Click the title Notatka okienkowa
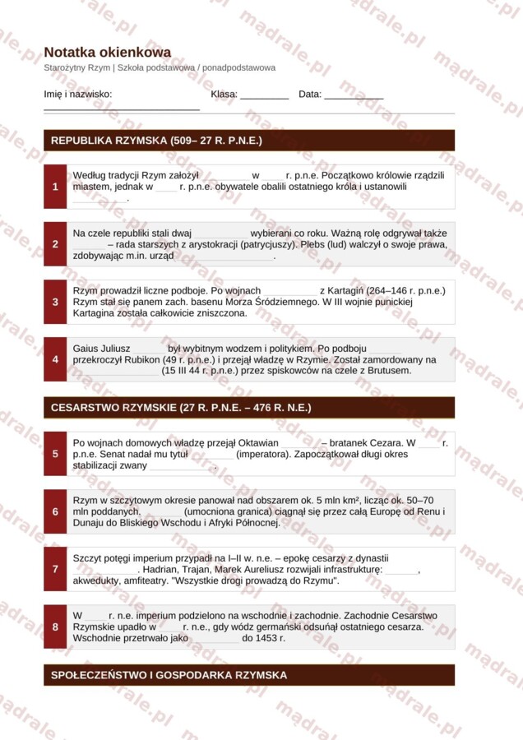[107, 52]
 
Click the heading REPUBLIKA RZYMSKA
[156, 141]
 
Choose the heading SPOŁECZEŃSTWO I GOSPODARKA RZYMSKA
[169, 675]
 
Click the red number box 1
[55, 187]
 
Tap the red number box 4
[55, 359]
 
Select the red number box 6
[55, 511]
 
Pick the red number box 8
[55, 627]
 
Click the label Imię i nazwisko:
[78, 95]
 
